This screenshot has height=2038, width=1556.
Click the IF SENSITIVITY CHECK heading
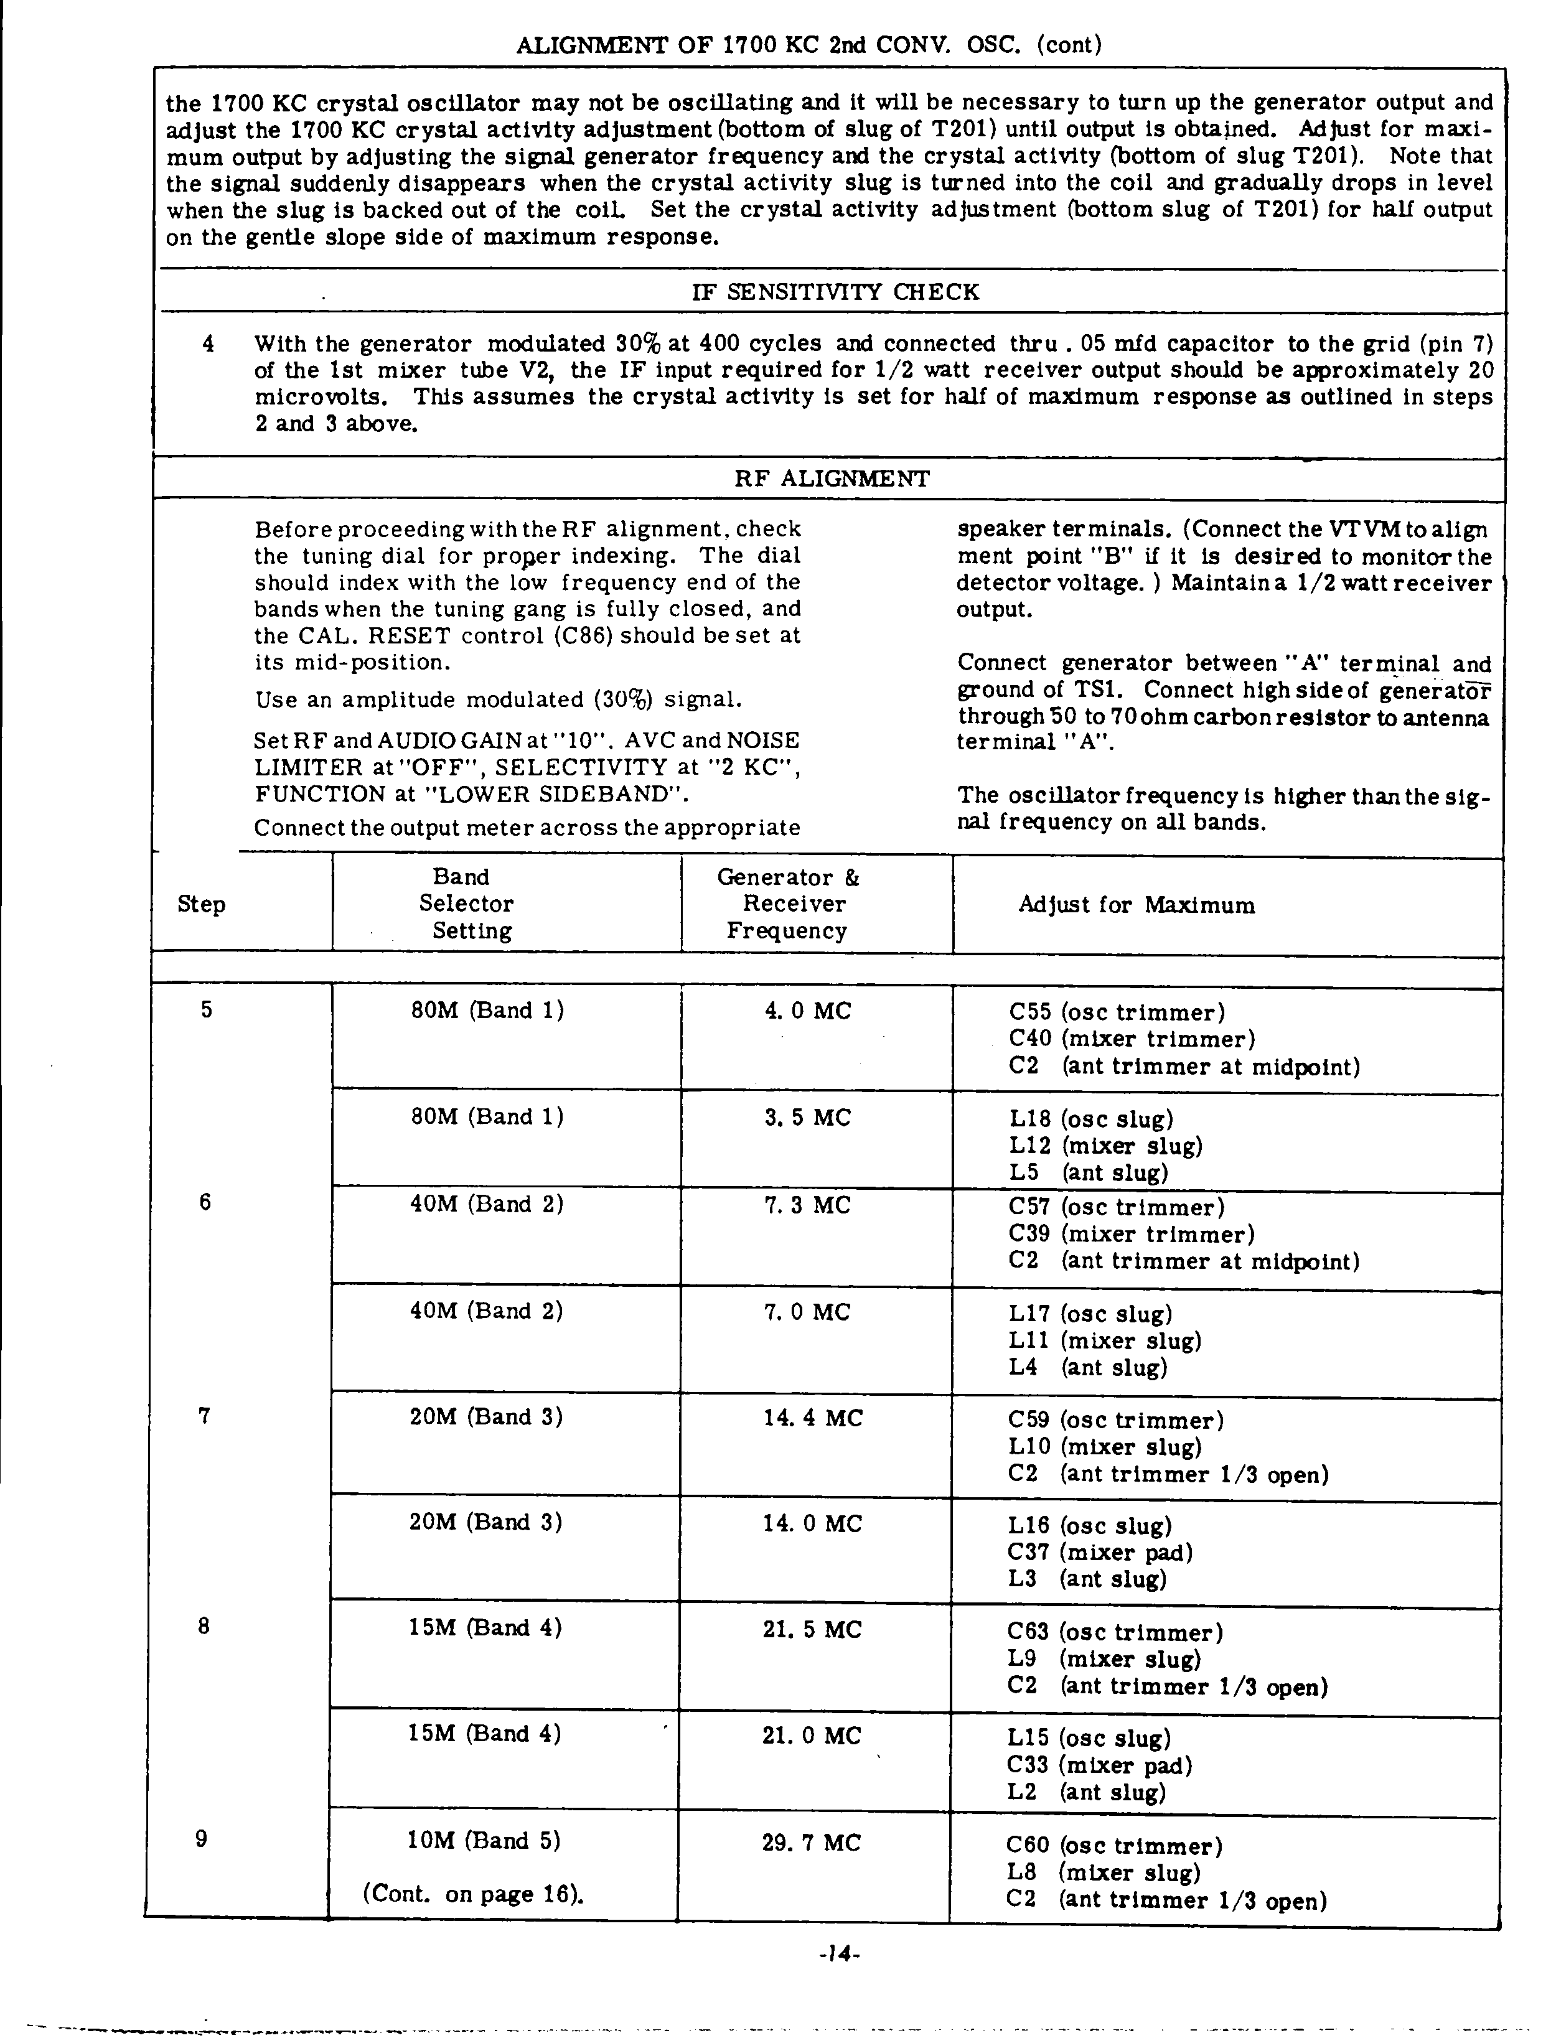tap(835, 292)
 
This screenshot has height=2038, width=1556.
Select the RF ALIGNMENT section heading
tap(832, 479)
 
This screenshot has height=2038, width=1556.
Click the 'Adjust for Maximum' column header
tap(1137, 905)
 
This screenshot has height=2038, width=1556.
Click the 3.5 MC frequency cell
tap(808, 1118)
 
